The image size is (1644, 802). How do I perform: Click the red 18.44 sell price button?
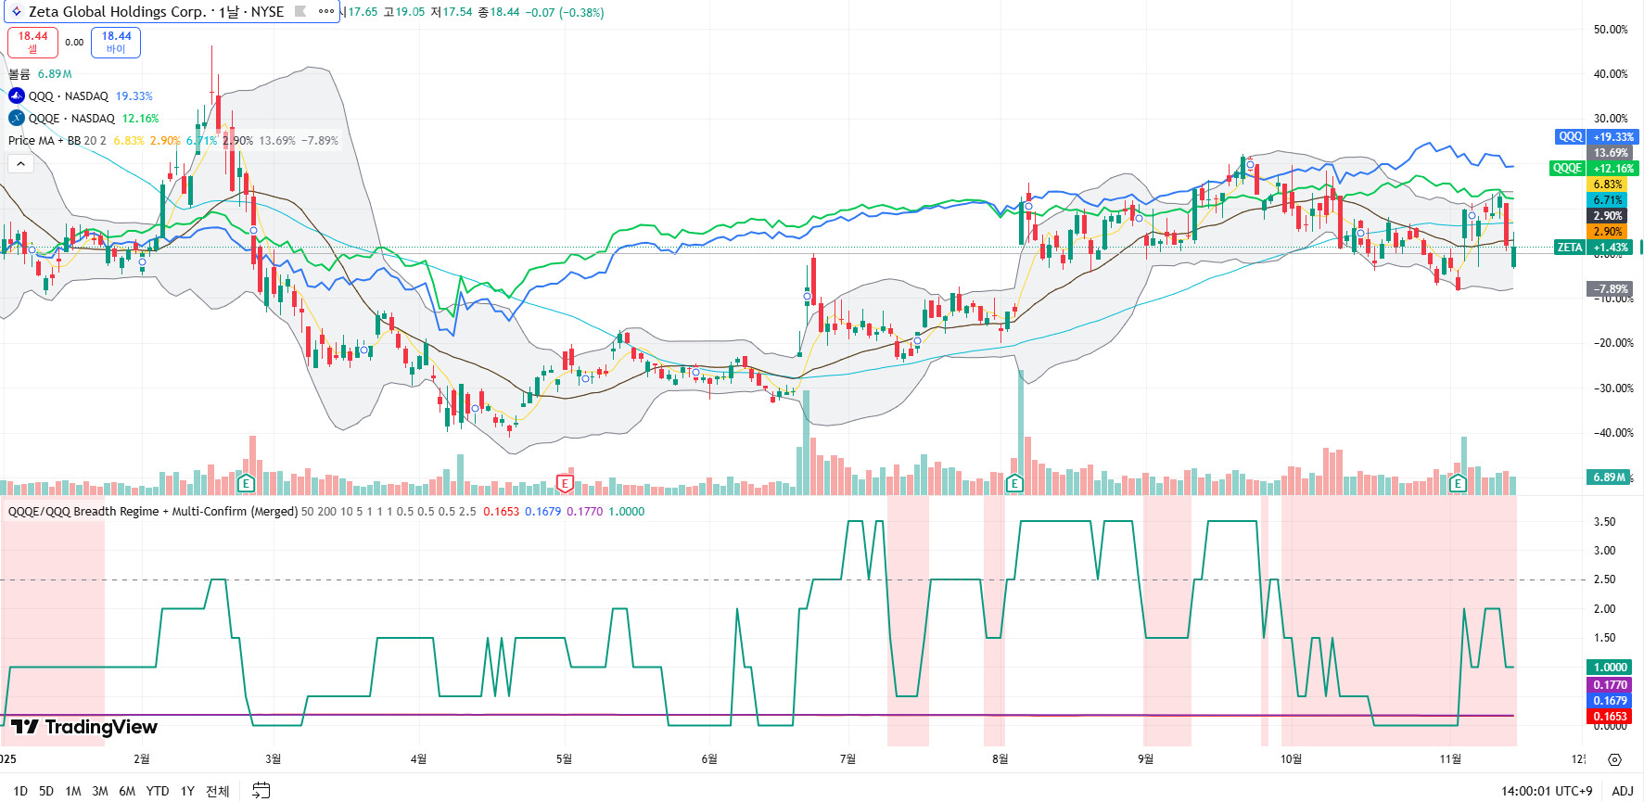[x=32, y=42]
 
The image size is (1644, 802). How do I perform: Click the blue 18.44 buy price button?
[x=116, y=42]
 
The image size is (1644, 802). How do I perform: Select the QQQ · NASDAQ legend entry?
[x=68, y=96]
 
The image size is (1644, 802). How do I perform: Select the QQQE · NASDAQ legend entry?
[x=71, y=119]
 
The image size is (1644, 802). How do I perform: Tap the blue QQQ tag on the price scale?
[x=1570, y=136]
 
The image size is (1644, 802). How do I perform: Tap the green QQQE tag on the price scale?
[x=1567, y=168]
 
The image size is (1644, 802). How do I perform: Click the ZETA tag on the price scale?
[x=1569, y=248]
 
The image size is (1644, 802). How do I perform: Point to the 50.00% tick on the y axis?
[x=1611, y=30]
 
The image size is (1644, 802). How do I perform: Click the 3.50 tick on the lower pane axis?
[x=1604, y=522]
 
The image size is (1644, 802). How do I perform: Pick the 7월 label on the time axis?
[x=847, y=759]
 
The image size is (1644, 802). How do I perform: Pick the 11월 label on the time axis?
[x=1450, y=759]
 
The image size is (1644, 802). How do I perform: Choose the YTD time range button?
[x=158, y=791]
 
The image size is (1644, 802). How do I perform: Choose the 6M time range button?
[x=127, y=791]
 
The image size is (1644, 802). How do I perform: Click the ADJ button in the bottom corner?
[x=1622, y=791]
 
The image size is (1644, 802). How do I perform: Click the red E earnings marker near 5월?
[x=565, y=483]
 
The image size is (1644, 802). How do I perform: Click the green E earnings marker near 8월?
[x=1014, y=483]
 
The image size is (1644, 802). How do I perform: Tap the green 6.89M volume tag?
[x=1609, y=477]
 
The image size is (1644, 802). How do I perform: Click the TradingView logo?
[x=84, y=727]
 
